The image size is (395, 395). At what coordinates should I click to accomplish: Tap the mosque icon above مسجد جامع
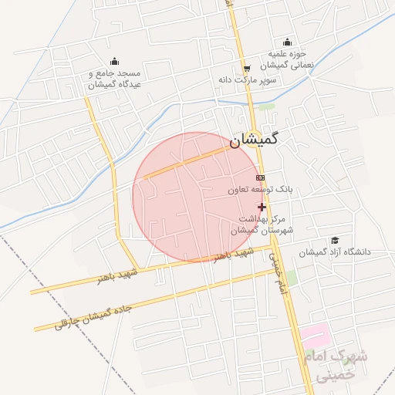click(114, 62)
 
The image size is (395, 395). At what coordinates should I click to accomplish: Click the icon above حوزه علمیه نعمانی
click(288, 42)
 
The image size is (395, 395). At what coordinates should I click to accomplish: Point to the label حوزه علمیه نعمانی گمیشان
click(289, 59)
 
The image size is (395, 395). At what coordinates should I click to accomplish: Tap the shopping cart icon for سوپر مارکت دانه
click(246, 67)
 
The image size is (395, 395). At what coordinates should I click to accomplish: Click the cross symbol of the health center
click(262, 207)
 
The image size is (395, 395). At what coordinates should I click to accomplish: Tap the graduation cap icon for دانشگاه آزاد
click(334, 241)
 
